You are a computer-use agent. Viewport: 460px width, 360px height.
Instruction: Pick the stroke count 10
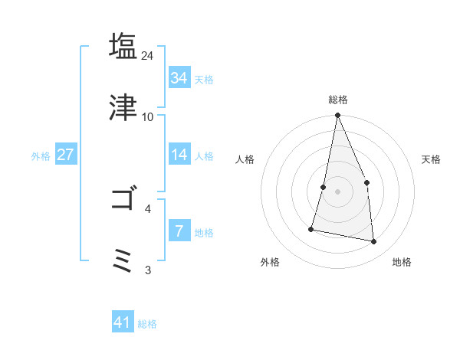148,117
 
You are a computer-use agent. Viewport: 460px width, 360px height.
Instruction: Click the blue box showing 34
179,77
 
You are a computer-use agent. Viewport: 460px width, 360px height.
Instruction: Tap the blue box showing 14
179,155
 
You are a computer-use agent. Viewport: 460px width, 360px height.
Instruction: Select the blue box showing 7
179,231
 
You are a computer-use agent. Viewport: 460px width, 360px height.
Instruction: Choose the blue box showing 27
65,155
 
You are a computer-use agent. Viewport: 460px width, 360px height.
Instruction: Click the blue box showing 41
123,322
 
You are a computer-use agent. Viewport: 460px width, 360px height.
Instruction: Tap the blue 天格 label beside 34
204,79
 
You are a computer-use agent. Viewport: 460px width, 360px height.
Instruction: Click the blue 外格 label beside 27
41,156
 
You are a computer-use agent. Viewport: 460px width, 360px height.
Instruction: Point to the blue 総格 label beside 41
147,324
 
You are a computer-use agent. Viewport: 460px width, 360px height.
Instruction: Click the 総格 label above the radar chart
337,100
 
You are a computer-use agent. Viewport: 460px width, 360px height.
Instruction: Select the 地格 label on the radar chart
402,262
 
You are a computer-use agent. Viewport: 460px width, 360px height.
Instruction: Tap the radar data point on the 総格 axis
337,116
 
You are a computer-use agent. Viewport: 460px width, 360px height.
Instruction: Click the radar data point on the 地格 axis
373,242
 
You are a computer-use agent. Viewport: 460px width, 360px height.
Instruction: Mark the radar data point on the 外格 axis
311,228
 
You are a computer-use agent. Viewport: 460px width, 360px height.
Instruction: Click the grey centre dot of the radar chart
337,191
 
